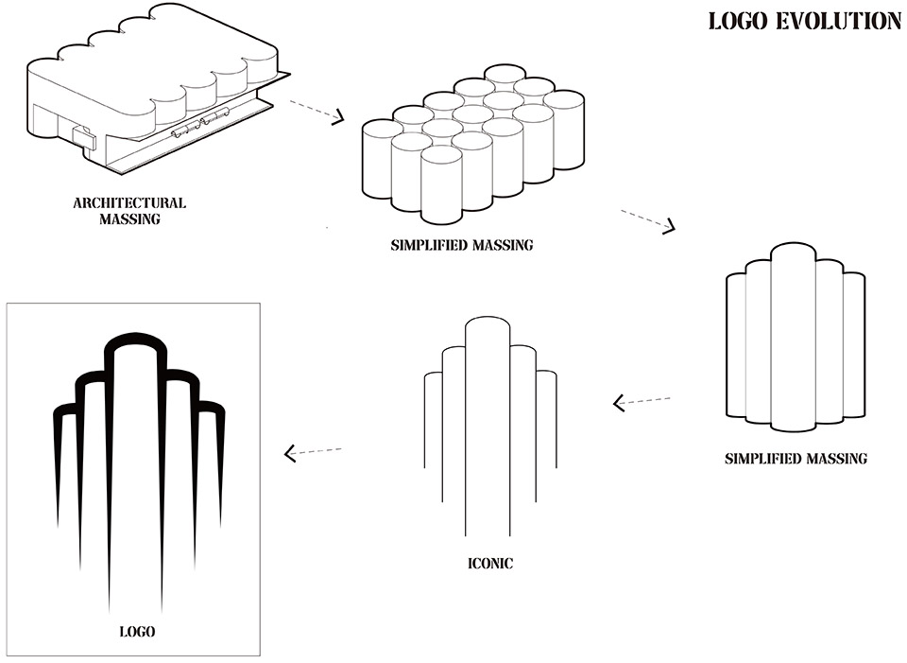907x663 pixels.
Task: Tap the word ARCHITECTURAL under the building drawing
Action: pyautogui.click(x=129, y=202)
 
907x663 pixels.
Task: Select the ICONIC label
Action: pyautogui.click(x=490, y=565)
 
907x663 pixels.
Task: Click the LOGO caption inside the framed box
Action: pyautogui.click(x=137, y=631)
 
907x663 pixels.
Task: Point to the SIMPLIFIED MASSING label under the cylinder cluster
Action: pyautogui.click(x=462, y=245)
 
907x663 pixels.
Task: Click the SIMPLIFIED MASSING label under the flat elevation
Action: pyautogui.click(x=796, y=459)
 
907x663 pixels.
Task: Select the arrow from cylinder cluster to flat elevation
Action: pyautogui.click(x=648, y=220)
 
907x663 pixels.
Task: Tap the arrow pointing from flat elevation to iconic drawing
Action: pyautogui.click(x=642, y=402)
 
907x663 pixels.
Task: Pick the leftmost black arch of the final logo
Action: pyautogui.click(x=62, y=416)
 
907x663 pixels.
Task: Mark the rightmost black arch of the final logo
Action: pyautogui.click(x=215, y=416)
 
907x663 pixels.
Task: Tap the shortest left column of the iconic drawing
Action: pyautogui.click(x=433, y=416)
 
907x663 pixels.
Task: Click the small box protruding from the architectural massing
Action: pyautogui.click(x=85, y=138)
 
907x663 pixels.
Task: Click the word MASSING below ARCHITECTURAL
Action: pyautogui.click(x=129, y=219)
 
